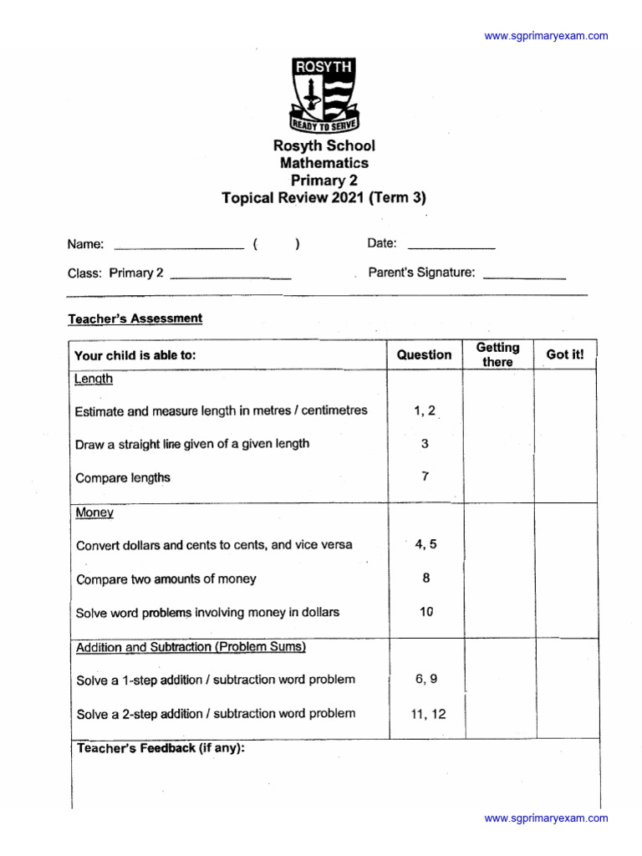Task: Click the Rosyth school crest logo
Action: (x=324, y=93)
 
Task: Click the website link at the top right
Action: (x=546, y=36)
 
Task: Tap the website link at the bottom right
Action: (x=546, y=818)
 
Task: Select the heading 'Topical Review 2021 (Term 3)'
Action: (x=324, y=198)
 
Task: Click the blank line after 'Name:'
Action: (x=178, y=247)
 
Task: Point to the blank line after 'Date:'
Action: (x=451, y=247)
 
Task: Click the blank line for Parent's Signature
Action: (x=524, y=277)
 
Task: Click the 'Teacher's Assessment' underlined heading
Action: (x=135, y=318)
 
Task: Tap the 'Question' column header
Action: (x=424, y=354)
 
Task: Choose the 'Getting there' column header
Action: (x=497, y=354)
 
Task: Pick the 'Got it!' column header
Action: (x=565, y=354)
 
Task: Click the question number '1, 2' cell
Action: (x=425, y=410)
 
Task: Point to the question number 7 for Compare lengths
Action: (x=425, y=476)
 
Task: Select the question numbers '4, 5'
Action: (x=425, y=544)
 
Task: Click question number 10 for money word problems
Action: (x=425, y=612)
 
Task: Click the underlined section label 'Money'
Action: (x=94, y=512)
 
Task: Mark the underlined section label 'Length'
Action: (x=94, y=379)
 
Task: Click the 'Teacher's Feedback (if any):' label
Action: (x=160, y=748)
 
